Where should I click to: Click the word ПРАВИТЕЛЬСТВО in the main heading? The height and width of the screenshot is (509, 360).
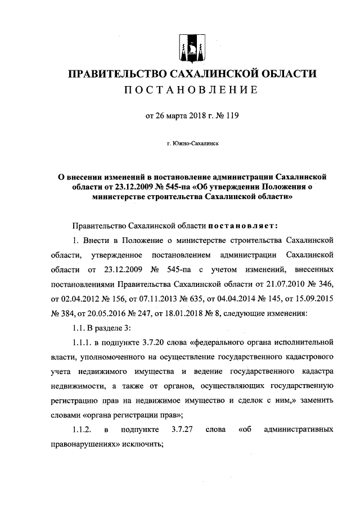(x=110, y=74)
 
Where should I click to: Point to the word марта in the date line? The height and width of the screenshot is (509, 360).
(x=179, y=117)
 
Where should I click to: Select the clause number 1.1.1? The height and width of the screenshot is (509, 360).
(x=82, y=341)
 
